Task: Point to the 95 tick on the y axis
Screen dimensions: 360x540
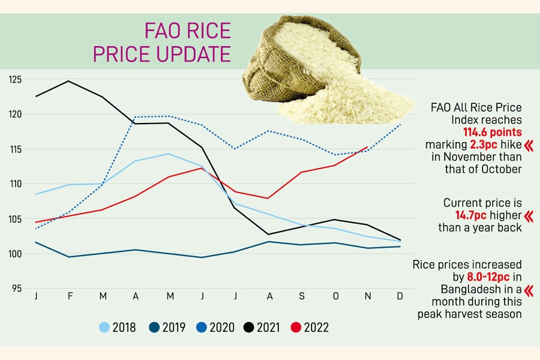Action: pyautogui.click(x=15, y=289)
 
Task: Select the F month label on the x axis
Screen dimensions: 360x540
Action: pyautogui.click(x=70, y=297)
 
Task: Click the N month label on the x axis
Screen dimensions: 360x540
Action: pyautogui.click(x=367, y=297)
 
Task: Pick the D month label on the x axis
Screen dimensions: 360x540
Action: pyautogui.click(x=400, y=297)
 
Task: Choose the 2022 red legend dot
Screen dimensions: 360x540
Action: pyautogui.click(x=295, y=328)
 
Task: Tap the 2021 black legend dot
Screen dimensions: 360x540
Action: pyautogui.click(x=248, y=328)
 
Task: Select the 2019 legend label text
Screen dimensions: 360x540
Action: pyautogui.click(x=173, y=328)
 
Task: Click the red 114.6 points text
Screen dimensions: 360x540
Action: pyautogui.click(x=492, y=132)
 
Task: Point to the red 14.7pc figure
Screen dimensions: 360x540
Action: pyautogui.click(x=472, y=215)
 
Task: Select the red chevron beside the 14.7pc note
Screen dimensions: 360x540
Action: pyautogui.click(x=529, y=215)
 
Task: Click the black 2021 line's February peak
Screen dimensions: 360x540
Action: pyautogui.click(x=70, y=81)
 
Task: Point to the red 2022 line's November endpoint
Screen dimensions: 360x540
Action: pyautogui.click(x=367, y=147)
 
